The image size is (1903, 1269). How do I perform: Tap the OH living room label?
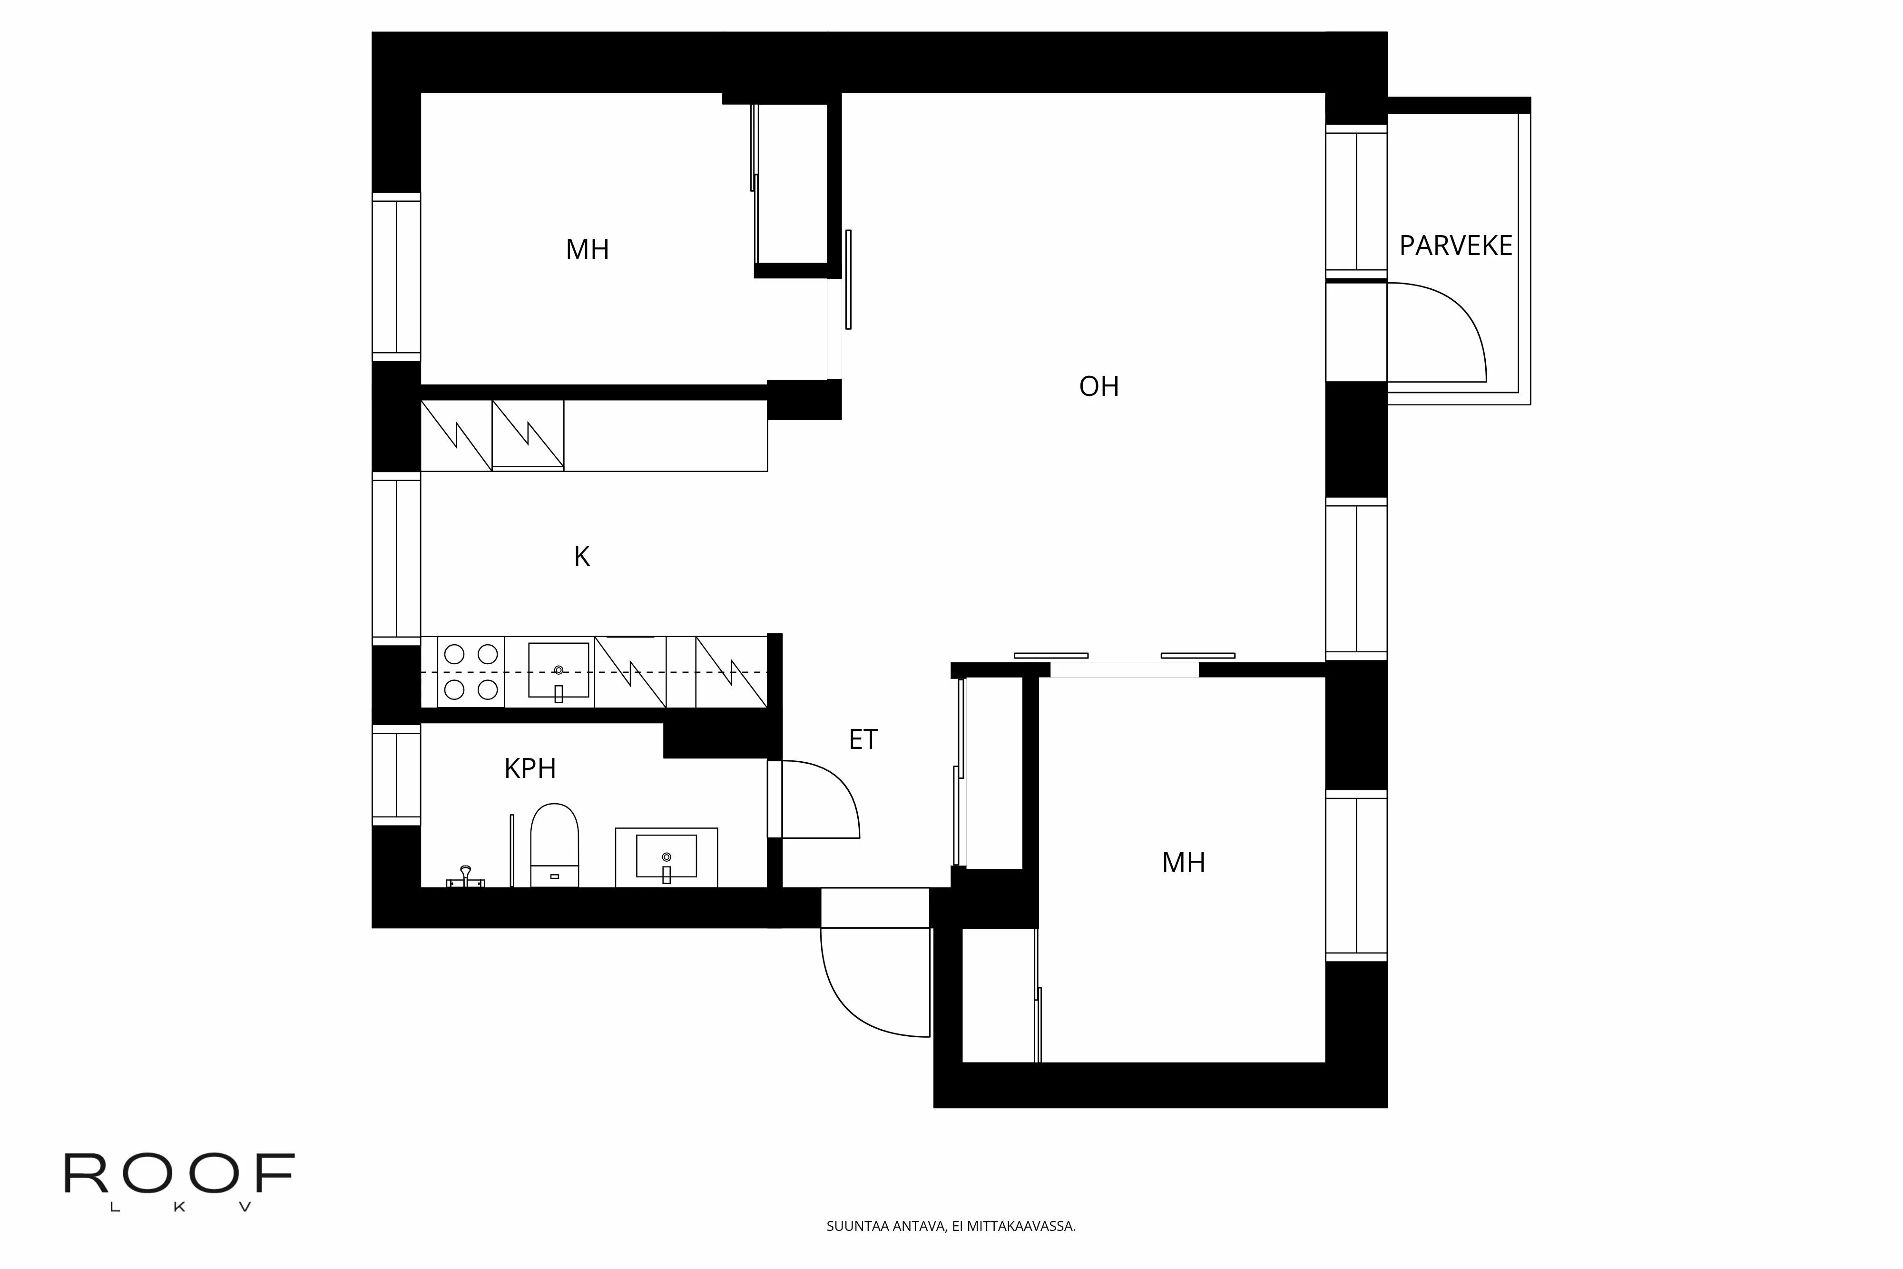(x=1099, y=387)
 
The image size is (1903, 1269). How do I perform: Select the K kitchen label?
(x=582, y=557)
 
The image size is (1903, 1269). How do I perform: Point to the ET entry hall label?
(x=863, y=740)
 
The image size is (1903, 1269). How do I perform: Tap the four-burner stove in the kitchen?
(x=471, y=672)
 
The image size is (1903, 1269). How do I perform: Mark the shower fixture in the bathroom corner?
(x=465, y=879)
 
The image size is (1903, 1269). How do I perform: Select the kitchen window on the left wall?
(x=396, y=559)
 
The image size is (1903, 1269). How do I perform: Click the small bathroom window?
(x=396, y=775)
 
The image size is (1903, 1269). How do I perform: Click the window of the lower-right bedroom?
(x=1356, y=876)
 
